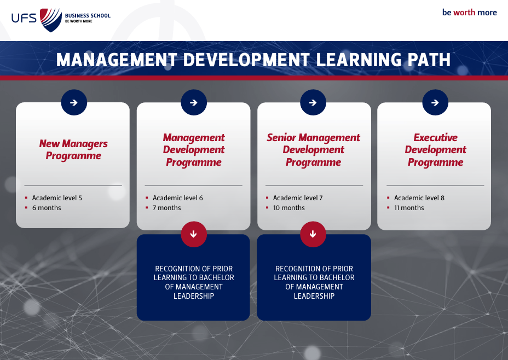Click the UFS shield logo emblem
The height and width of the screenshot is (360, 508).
point(51,20)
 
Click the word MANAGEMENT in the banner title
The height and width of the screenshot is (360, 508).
point(116,60)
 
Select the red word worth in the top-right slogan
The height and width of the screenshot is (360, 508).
point(464,13)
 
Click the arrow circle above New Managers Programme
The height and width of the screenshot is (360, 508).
point(74,102)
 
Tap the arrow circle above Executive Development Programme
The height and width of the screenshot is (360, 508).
point(435,102)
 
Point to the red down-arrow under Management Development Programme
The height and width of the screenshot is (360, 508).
point(194,234)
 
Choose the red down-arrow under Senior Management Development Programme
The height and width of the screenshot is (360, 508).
point(313,234)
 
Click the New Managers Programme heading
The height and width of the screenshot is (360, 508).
point(73,149)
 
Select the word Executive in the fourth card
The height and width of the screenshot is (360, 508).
point(435,137)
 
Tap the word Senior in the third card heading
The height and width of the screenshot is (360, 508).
point(281,137)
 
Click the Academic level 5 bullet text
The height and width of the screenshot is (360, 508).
point(57,198)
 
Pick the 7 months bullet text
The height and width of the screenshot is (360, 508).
point(167,208)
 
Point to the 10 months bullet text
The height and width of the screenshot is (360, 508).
point(289,208)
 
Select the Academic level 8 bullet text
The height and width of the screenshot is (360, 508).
point(419,198)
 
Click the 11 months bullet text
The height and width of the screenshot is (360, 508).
point(409,208)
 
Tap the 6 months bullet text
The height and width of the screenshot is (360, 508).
point(47,208)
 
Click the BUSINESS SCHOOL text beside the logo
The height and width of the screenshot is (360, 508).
point(88,15)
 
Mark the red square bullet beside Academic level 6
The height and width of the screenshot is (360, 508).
point(147,198)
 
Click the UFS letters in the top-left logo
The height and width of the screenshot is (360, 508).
point(24,18)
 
